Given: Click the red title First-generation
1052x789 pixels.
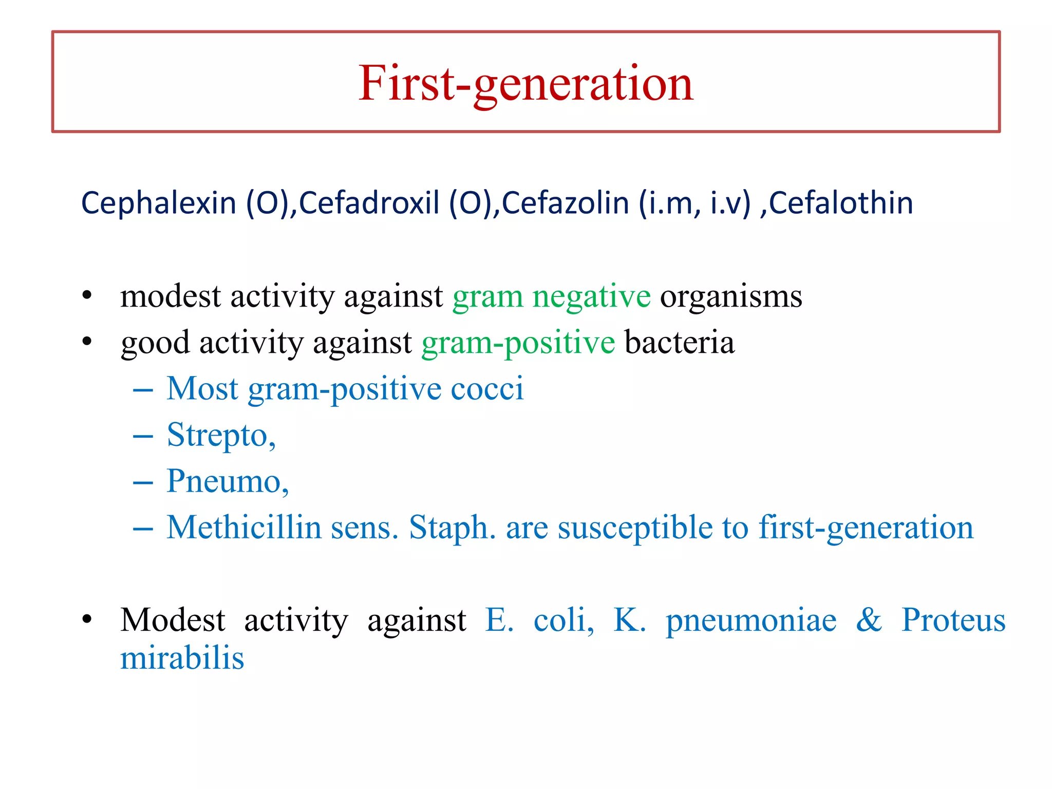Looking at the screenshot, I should [x=525, y=84].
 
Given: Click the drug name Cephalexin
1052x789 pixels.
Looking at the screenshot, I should [x=158, y=203].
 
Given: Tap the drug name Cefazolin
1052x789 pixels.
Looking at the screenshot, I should [x=565, y=203].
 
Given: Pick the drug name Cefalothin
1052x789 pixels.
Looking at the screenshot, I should [x=841, y=203].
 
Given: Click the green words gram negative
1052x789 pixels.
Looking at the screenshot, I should [x=551, y=297].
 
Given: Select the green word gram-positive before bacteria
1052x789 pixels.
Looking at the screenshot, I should [x=518, y=343].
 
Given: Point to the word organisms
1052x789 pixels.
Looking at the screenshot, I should [x=731, y=297].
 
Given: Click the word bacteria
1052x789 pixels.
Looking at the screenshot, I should [x=679, y=343].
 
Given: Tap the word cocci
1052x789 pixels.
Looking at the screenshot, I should [x=487, y=389].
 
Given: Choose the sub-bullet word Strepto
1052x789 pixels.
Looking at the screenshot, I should [x=221, y=436].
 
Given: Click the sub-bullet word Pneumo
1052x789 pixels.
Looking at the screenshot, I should [x=227, y=482].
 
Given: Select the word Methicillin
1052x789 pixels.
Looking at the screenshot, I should [x=244, y=528].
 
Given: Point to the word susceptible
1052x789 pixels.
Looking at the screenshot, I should [x=635, y=528].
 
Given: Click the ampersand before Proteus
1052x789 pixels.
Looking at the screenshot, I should [x=869, y=620].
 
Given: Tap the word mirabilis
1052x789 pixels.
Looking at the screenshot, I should [x=182, y=659].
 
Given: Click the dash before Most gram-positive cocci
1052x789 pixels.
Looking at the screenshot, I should [x=143, y=390].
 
